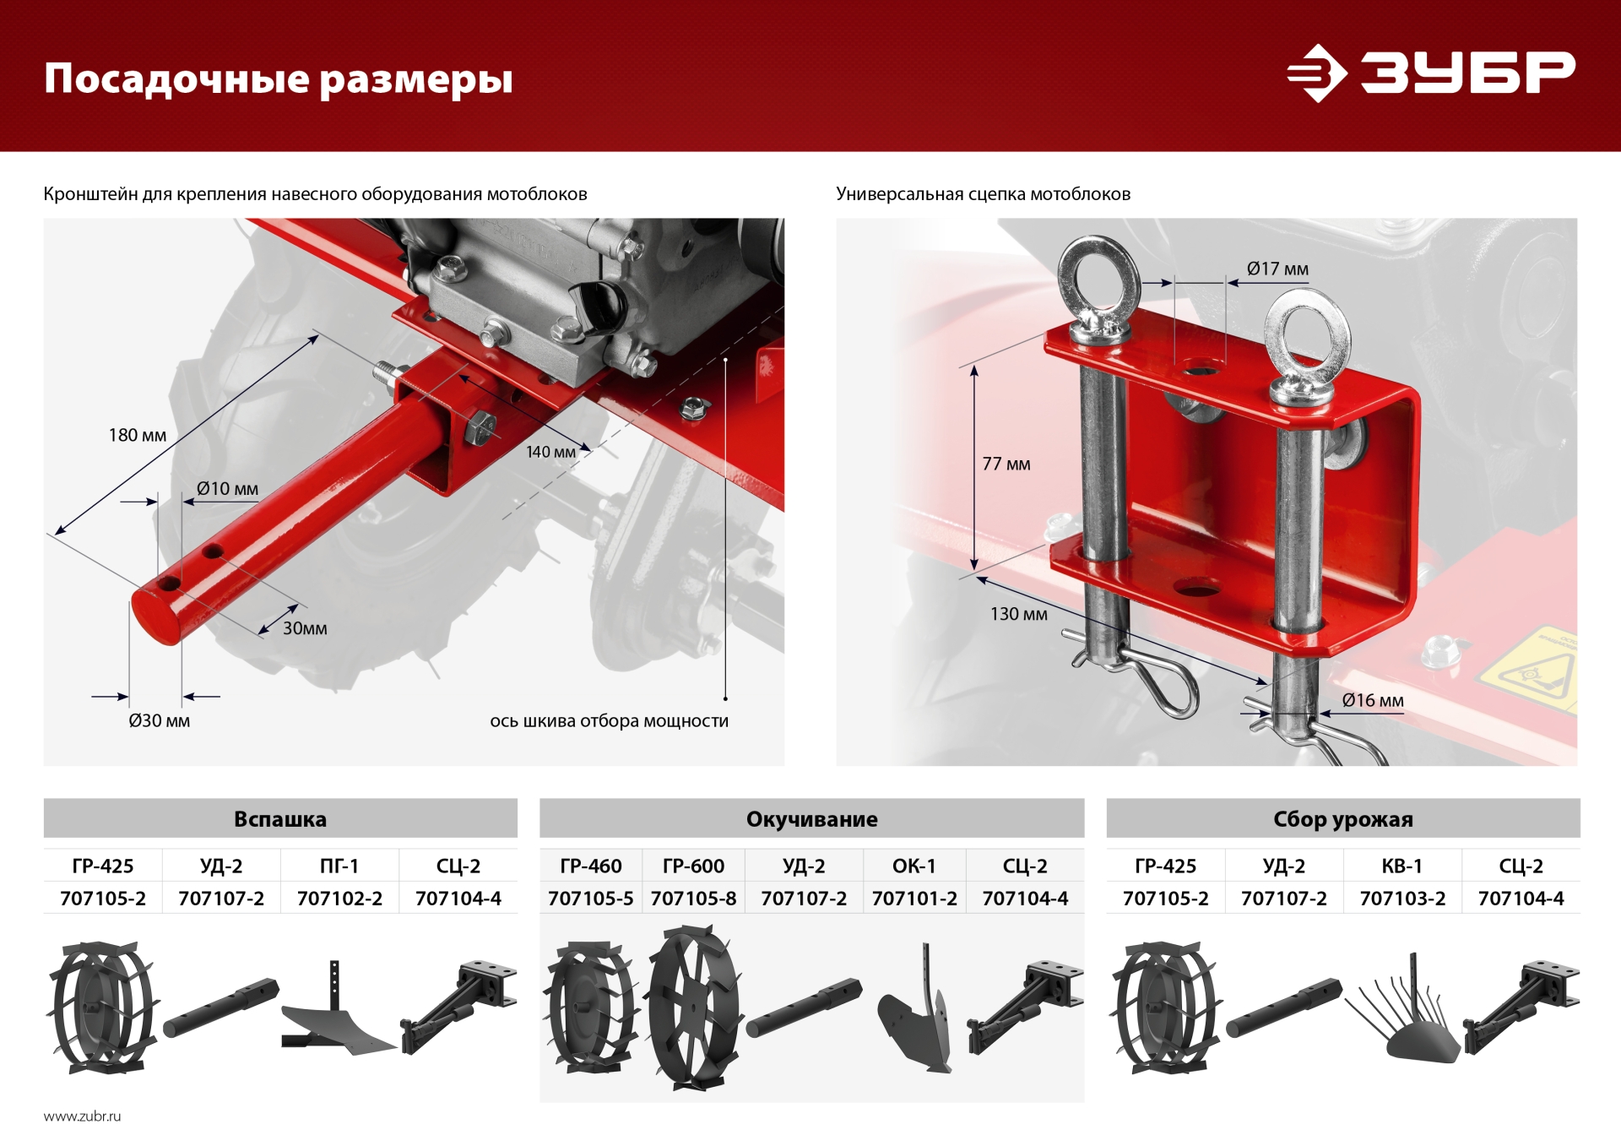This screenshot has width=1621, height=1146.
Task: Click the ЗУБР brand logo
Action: pos(1430,73)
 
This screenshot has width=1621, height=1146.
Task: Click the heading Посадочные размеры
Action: pos(278,79)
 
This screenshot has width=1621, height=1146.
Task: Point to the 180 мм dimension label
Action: pos(138,436)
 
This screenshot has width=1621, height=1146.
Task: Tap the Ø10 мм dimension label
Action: pos(227,489)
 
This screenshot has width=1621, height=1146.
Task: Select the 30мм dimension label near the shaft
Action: pos(305,628)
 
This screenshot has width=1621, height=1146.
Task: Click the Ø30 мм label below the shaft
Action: pos(159,721)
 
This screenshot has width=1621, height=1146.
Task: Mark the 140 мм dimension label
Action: pos(550,453)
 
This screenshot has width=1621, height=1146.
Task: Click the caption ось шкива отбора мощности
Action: pos(609,721)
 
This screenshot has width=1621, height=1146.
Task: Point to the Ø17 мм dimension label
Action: pos(1277,269)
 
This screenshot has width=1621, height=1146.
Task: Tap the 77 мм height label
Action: pos(1006,464)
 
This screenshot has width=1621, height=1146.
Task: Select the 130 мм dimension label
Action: pos(1018,615)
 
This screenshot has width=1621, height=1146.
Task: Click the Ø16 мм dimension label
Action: pos(1373,701)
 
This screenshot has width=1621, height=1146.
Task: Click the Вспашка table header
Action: pos(279,819)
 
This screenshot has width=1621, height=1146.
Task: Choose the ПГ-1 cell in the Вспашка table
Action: pos(339,866)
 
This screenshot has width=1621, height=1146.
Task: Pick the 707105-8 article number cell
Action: pos(693,899)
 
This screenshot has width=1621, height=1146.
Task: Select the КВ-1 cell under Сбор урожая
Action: pos(1401,866)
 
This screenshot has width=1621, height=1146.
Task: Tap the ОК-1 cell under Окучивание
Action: pos(914,866)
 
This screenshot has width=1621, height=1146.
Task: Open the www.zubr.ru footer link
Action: pos(82,1116)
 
